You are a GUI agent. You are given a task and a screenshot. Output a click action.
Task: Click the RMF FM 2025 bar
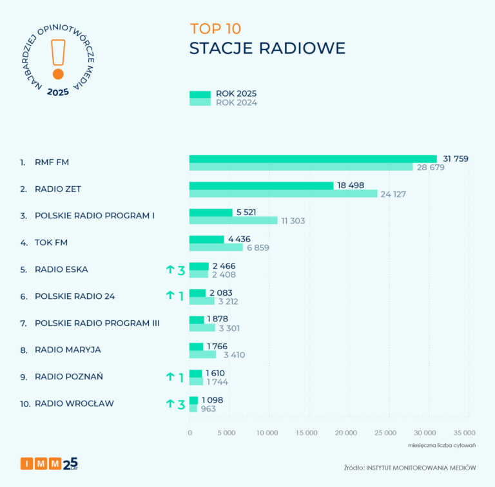(x=313, y=158)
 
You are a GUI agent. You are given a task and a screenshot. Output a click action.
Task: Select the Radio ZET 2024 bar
(x=283, y=194)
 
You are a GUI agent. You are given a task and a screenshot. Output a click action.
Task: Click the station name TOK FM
(x=52, y=243)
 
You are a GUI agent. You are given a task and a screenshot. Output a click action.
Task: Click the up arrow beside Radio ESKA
(x=170, y=270)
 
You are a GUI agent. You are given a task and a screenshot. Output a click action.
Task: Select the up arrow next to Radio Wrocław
(x=170, y=404)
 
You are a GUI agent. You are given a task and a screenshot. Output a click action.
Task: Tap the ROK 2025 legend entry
(x=222, y=93)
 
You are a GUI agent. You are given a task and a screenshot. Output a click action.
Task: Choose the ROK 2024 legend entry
(x=222, y=102)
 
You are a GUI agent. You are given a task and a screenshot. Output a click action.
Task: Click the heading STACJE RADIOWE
(x=267, y=49)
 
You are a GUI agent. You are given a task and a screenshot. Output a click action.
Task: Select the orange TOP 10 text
(x=215, y=29)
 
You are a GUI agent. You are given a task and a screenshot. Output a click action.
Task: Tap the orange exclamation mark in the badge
(x=59, y=58)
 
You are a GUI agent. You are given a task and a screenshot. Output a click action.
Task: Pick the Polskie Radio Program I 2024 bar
(x=233, y=220)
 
